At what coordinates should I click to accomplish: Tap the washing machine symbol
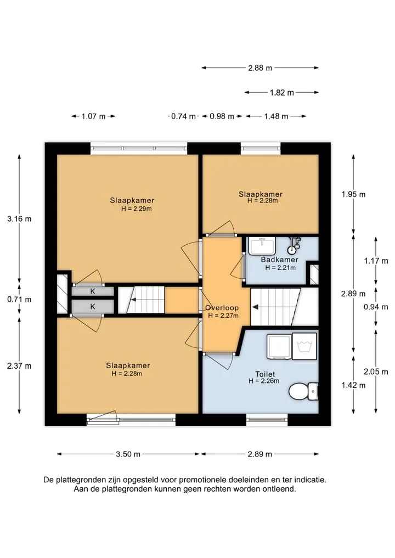click(304, 346)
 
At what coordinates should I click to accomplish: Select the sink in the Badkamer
click(262, 246)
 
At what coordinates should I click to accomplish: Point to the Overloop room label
click(222, 308)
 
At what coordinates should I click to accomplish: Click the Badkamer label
click(279, 260)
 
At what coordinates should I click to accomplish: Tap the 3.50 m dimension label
click(128, 454)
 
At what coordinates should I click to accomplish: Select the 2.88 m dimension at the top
click(260, 67)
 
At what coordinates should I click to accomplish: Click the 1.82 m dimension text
click(282, 93)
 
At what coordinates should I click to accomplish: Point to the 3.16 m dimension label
click(19, 219)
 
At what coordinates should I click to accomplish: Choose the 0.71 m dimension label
click(19, 299)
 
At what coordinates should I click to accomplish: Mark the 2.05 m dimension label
click(376, 372)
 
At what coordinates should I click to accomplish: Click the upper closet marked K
click(93, 291)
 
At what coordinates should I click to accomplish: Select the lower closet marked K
click(93, 306)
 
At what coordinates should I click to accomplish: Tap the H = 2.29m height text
click(136, 209)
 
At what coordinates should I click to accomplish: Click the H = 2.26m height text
click(264, 381)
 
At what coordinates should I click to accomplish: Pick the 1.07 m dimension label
click(94, 116)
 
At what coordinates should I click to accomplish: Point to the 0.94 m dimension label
click(376, 307)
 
